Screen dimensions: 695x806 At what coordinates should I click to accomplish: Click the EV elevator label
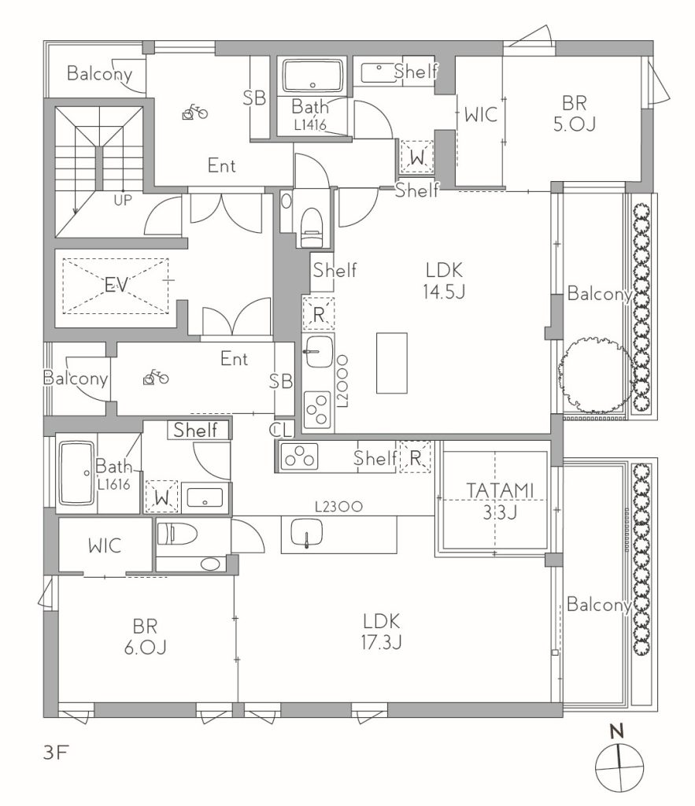tap(116, 285)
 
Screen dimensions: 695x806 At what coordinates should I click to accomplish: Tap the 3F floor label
tap(56, 753)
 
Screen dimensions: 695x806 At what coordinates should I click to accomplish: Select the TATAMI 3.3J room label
tap(500, 501)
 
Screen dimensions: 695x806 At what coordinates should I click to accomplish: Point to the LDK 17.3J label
tap(382, 632)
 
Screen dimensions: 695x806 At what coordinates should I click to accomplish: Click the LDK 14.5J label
tap(444, 281)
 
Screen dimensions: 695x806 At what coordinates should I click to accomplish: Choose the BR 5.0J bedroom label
tap(575, 113)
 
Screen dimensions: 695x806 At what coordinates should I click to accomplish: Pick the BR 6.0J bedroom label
tap(146, 637)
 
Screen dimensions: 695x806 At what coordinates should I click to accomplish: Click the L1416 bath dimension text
tap(310, 124)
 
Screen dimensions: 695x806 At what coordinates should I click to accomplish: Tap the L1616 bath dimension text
tap(113, 484)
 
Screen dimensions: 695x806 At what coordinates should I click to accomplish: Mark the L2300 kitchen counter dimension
tap(338, 507)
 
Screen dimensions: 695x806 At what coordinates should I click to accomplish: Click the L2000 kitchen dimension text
tap(342, 381)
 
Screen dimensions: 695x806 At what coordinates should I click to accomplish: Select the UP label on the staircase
tap(123, 200)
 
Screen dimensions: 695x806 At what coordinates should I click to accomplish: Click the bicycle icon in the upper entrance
tap(195, 112)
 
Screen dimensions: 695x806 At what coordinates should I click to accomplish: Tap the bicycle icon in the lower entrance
tap(156, 378)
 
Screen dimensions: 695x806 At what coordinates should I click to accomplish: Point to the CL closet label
tap(281, 430)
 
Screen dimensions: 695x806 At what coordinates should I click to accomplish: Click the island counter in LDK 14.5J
tap(392, 363)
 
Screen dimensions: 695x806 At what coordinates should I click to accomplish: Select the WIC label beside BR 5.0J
tap(481, 114)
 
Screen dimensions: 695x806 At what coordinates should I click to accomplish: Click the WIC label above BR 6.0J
tap(105, 545)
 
